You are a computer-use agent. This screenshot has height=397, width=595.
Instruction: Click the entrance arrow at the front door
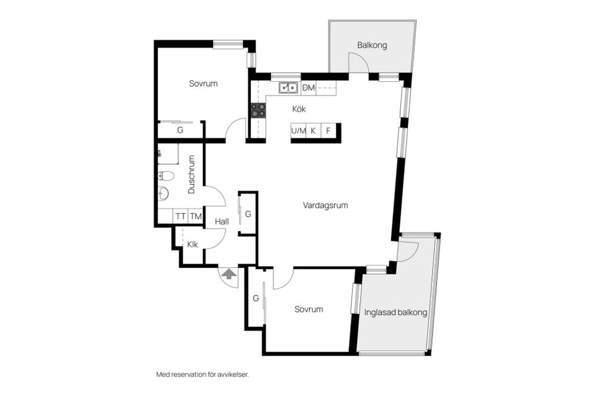229,274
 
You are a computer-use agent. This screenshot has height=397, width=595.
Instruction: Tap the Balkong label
372,45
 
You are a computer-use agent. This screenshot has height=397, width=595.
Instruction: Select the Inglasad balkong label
395,313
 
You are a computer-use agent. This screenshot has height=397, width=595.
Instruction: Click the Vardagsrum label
325,205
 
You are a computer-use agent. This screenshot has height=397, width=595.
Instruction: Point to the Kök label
299,109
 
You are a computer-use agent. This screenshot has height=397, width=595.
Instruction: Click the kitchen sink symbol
288,88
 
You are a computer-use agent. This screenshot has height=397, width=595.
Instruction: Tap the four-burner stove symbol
258,110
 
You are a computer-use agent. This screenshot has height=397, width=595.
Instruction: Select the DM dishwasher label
309,88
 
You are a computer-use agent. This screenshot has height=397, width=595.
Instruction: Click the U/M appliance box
299,131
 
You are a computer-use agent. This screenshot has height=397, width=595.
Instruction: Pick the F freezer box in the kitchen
328,131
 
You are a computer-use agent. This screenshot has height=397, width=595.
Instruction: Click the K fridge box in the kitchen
314,131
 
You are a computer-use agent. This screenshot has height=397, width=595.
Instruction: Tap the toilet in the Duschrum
166,176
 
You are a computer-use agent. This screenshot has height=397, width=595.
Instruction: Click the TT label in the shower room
180,216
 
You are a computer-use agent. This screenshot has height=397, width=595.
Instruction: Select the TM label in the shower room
196,216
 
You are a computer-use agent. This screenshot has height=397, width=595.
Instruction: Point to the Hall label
222,221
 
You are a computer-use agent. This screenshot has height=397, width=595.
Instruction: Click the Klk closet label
192,244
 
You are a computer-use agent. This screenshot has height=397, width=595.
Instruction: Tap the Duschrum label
192,174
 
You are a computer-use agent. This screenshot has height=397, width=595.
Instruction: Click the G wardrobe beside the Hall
247,214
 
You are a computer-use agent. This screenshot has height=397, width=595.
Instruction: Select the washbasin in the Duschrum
164,194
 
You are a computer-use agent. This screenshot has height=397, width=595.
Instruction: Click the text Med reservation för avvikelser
203,375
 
